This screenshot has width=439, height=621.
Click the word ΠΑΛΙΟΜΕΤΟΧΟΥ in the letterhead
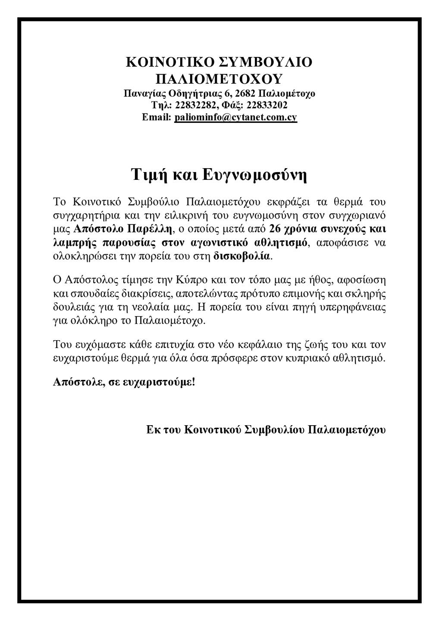[x=219, y=79]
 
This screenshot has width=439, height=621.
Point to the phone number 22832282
[x=193, y=105]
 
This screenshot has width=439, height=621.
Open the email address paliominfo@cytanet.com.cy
[x=235, y=117]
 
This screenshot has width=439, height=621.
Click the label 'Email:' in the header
[x=157, y=117]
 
